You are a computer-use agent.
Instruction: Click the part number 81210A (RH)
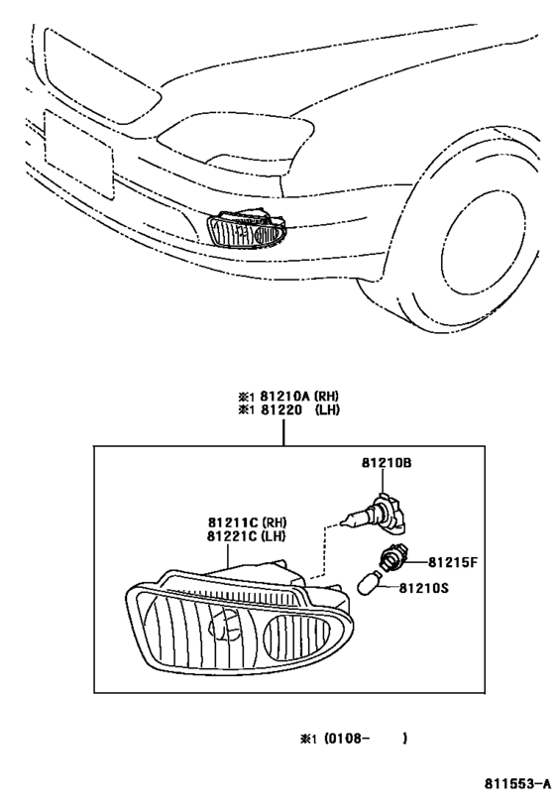(x=299, y=397)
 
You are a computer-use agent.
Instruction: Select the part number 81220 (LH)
(x=299, y=410)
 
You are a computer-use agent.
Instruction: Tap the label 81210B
(x=387, y=462)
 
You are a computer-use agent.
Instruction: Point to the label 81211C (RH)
(x=248, y=522)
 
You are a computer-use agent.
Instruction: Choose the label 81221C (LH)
(x=247, y=536)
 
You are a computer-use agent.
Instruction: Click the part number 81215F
(x=453, y=562)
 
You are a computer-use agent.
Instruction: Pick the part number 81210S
(x=423, y=588)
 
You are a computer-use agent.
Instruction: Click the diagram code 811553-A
(x=517, y=783)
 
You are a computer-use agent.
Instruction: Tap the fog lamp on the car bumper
(x=247, y=229)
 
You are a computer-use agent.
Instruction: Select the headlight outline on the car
(x=236, y=136)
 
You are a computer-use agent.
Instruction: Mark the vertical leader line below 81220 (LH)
(x=283, y=432)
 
